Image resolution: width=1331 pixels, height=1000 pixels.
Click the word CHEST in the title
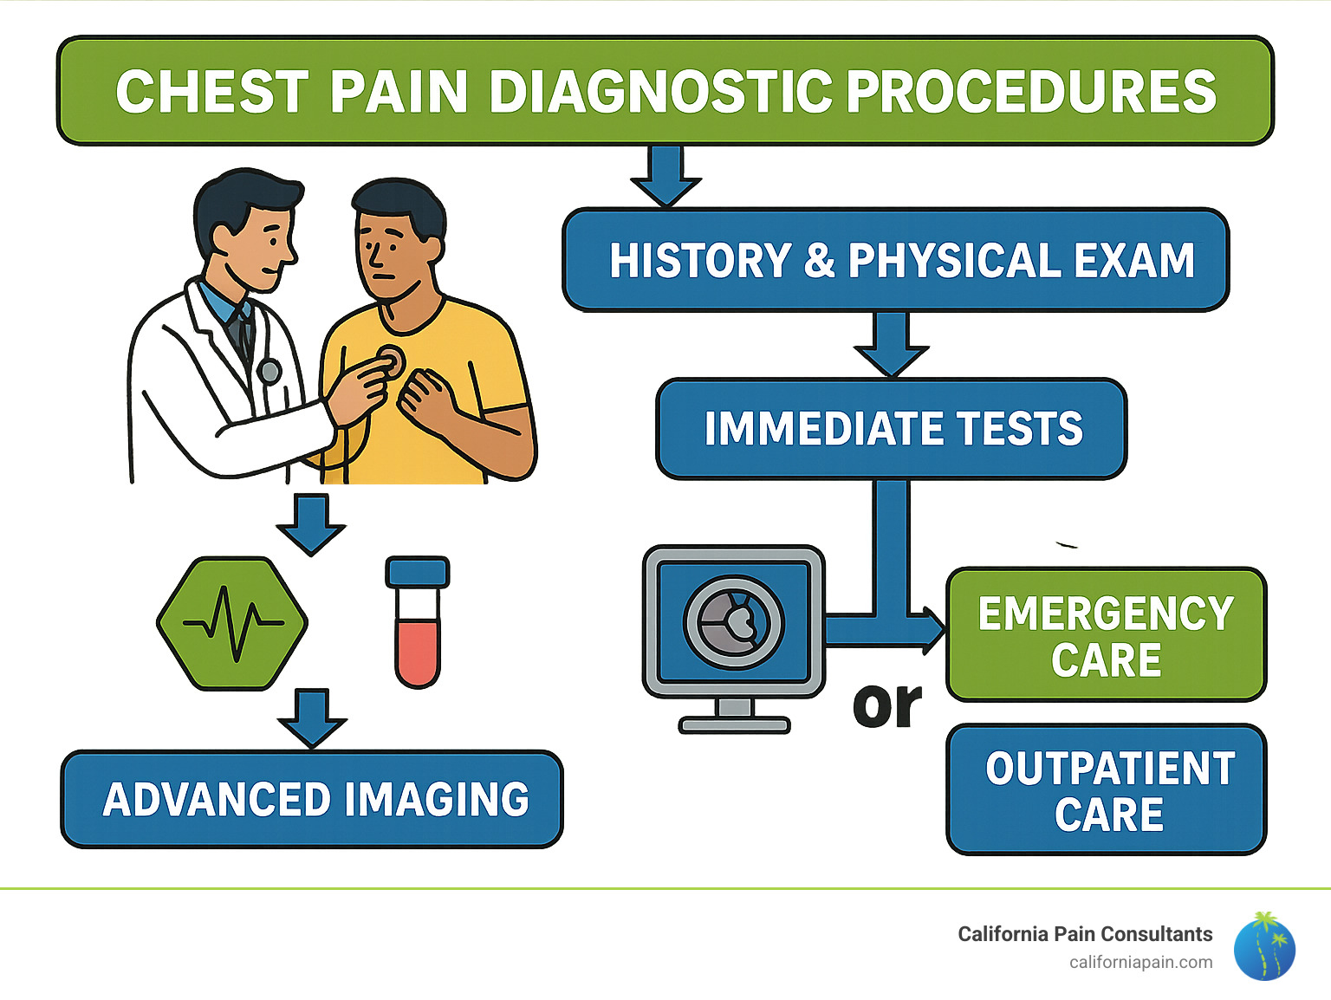click(x=211, y=92)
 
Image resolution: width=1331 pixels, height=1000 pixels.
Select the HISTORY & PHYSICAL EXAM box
click(x=896, y=260)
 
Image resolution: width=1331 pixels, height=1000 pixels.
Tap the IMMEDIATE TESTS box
click(x=892, y=429)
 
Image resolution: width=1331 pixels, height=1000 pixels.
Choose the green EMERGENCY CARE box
click(x=1106, y=635)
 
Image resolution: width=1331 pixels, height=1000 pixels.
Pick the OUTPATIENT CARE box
click(x=1107, y=790)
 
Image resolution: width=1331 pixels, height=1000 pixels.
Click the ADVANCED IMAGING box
click(x=312, y=799)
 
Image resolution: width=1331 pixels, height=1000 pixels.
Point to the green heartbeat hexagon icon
click(x=232, y=623)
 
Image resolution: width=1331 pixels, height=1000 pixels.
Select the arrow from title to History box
click(x=665, y=177)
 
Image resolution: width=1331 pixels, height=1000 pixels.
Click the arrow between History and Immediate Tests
click(x=891, y=344)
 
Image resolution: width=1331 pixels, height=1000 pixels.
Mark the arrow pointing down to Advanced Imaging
click(x=312, y=718)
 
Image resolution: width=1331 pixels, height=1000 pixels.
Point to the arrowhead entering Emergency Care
click(x=934, y=631)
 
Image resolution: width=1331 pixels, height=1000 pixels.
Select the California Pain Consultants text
click(x=1084, y=934)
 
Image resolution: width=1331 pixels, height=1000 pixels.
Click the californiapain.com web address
click(x=1140, y=963)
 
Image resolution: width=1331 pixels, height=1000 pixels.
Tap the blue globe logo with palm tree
click(x=1264, y=946)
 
